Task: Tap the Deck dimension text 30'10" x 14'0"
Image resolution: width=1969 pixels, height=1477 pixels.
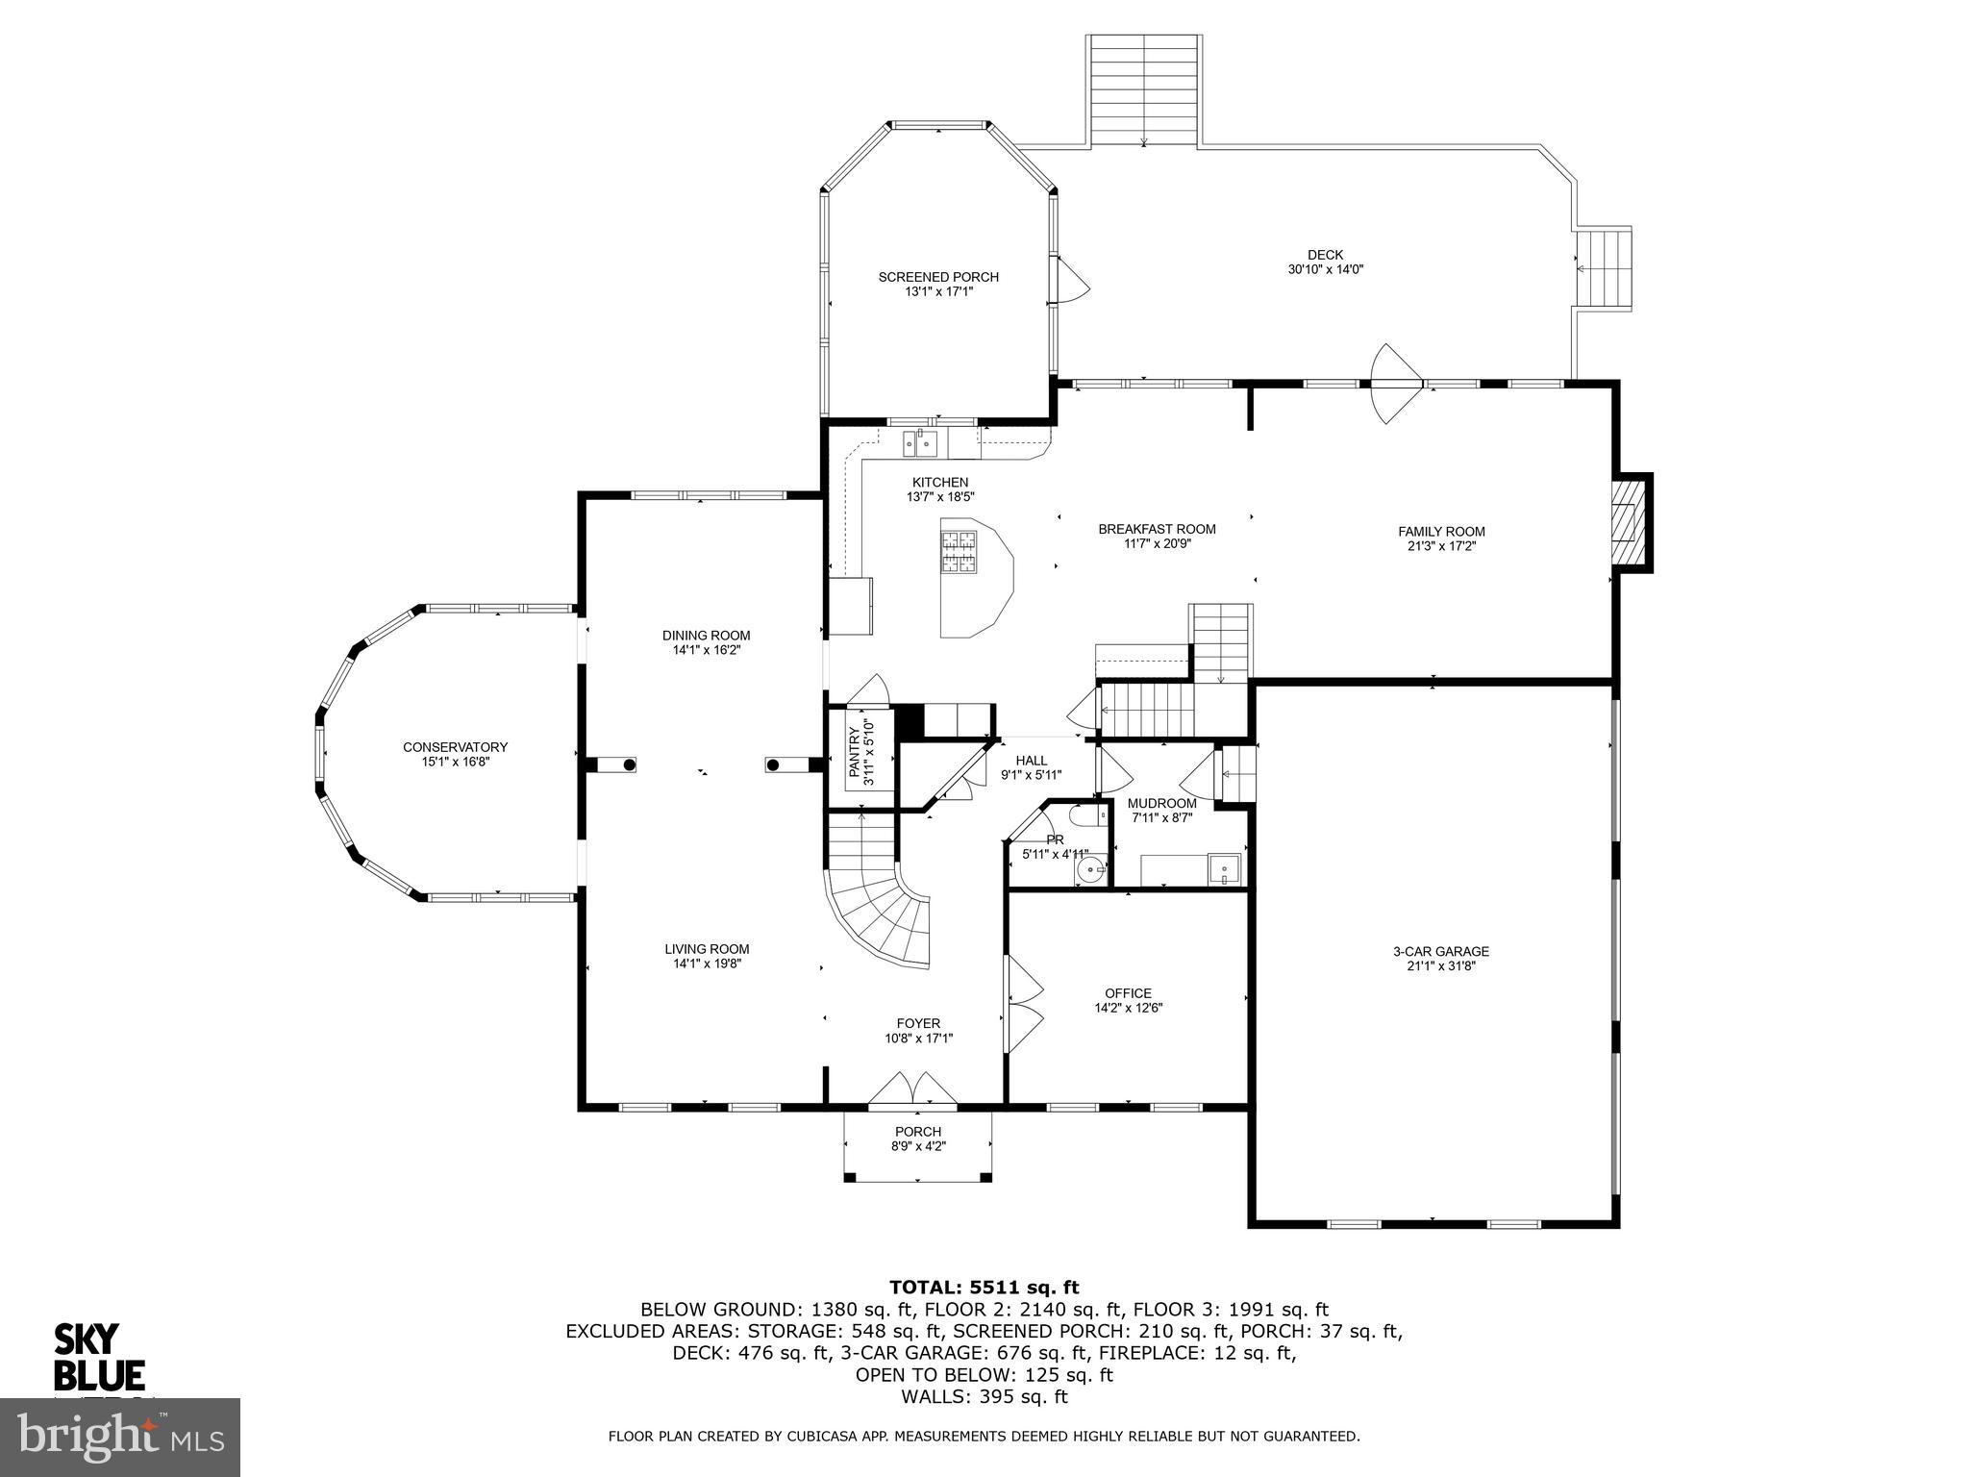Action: click(1326, 270)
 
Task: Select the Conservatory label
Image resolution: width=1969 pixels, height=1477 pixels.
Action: click(455, 747)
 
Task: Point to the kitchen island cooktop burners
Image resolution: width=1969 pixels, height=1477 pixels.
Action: click(959, 553)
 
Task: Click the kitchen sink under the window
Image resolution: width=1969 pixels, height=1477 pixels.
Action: click(919, 443)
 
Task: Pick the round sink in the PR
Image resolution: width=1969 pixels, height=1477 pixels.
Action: click(1090, 869)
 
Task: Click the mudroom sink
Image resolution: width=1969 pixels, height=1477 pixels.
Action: click(1224, 868)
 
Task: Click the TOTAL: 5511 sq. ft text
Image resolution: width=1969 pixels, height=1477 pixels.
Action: click(984, 1288)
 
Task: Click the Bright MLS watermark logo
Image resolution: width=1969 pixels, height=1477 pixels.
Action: click(120, 1437)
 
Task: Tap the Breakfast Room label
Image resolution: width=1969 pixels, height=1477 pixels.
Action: click(1157, 529)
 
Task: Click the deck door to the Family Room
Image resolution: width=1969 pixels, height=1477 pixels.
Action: click(1395, 384)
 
